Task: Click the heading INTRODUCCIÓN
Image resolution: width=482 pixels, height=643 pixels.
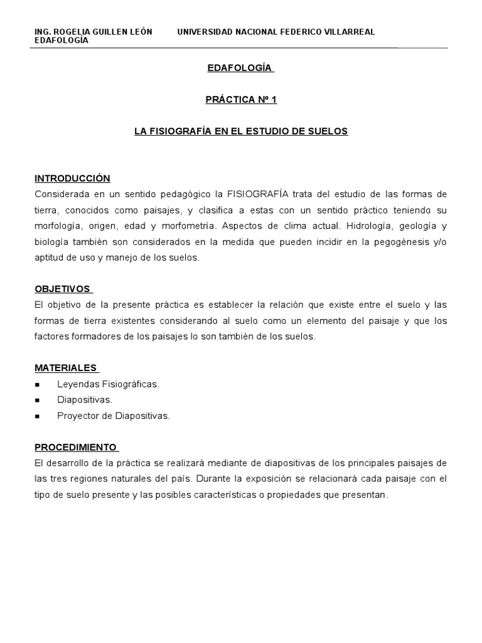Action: (x=72, y=178)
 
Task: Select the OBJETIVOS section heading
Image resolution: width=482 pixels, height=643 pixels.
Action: (x=62, y=289)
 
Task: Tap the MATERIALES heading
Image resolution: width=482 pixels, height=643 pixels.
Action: (x=65, y=368)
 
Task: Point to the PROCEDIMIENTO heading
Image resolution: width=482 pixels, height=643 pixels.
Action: (x=75, y=447)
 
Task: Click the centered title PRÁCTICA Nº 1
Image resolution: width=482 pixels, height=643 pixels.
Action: (x=241, y=99)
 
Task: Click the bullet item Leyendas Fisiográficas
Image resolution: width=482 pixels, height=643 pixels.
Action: (x=108, y=384)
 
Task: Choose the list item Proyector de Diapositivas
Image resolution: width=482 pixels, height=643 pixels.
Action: (x=113, y=415)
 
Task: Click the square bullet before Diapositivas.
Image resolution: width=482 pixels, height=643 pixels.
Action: (x=38, y=400)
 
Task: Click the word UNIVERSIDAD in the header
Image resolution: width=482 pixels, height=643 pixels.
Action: (x=206, y=32)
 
